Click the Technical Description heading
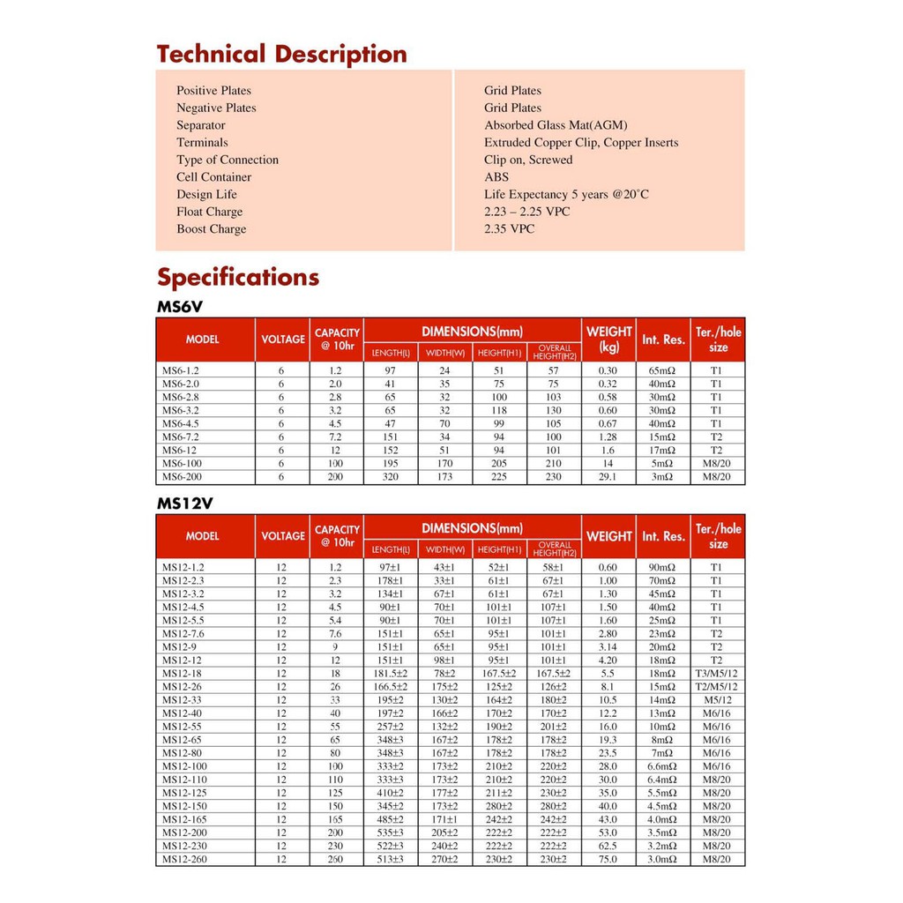pos(281,55)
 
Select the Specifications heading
pos(238,278)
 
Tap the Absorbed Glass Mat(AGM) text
pos(556,125)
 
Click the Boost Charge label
pos(211,229)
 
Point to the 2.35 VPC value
pos(509,229)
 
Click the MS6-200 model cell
pos(183,477)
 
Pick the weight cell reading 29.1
pos(608,477)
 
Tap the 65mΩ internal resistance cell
pos(662,371)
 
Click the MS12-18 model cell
pos(183,674)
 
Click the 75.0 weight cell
pos(608,859)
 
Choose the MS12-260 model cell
pos(185,859)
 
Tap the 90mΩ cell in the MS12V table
pos(662,568)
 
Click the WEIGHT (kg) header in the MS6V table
pos(608,340)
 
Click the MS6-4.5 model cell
pos(183,424)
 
